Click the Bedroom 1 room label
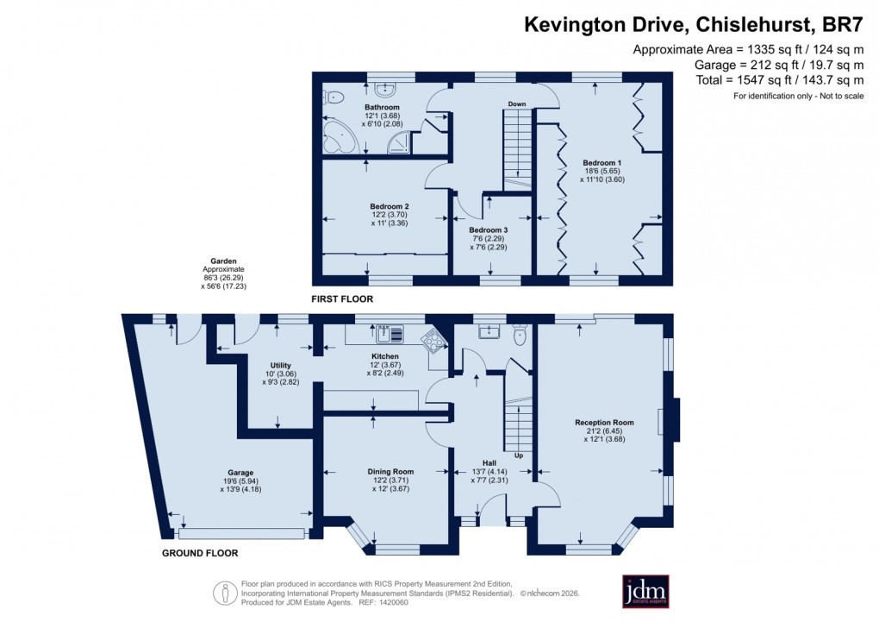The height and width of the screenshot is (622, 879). [602, 163]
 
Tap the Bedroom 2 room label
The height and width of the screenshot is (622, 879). [389, 206]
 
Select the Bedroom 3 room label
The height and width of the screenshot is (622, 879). [489, 230]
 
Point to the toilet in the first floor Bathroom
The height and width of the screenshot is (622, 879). [333, 97]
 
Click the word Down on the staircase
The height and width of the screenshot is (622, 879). [516, 104]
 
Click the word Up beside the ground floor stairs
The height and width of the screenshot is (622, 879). [518, 455]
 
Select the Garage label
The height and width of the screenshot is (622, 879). [240, 473]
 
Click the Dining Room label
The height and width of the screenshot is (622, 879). [391, 472]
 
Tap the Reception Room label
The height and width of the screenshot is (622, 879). [604, 423]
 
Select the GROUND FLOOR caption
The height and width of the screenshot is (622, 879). [200, 553]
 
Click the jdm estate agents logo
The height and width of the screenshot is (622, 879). [645, 592]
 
